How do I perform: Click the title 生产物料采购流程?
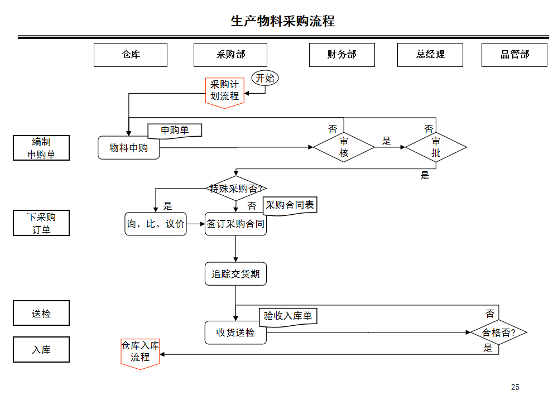283,21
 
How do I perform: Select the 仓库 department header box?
131,55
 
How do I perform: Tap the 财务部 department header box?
341,55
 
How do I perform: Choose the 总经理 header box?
430,55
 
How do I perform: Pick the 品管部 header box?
514,55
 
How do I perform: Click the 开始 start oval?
265,79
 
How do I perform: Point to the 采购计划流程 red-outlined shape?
224,91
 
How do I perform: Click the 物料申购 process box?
128,148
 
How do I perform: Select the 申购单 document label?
175,131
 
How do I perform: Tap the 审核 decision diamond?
344,147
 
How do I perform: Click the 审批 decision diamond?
436,147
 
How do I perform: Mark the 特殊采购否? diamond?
235,189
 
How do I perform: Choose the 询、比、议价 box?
156,224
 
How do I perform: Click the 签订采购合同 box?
235,224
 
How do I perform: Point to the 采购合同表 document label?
290,205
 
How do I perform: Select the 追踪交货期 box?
235,274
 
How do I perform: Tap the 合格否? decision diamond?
498,333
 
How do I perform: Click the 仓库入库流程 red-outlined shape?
140,352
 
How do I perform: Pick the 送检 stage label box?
41,314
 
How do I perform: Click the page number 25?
514,387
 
